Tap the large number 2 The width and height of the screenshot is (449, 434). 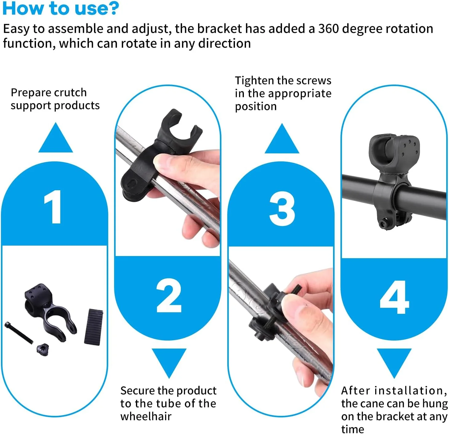tap(169, 295)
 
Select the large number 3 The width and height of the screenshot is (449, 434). tap(282, 208)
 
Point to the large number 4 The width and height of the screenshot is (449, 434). tap(394, 297)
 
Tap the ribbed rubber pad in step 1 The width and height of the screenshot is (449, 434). tap(94, 327)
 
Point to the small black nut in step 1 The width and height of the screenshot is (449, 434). tap(43, 349)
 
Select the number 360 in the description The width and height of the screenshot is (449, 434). tap(328, 29)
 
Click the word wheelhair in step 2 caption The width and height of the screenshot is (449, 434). tap(146, 416)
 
